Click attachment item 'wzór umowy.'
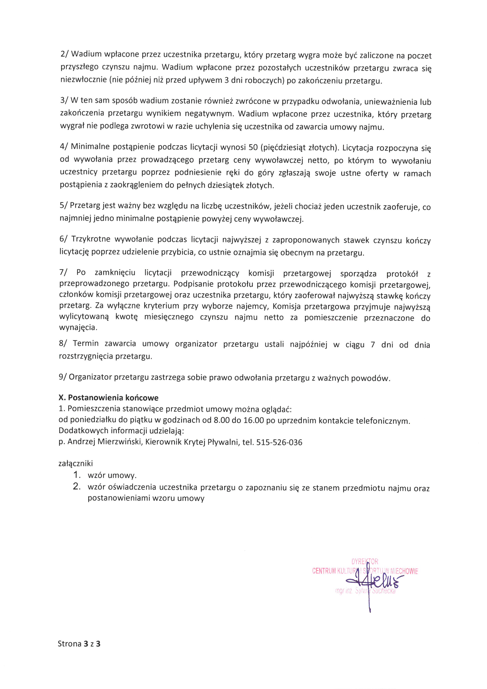pos(112,475)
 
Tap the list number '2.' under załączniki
pos(77,486)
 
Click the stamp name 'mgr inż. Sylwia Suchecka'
pos(365,591)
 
